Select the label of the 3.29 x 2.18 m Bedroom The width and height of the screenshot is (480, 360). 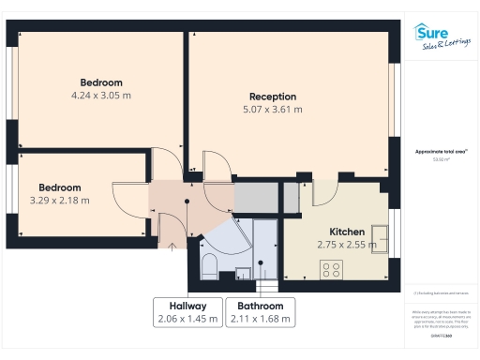(60, 193)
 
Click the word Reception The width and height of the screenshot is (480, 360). (272, 97)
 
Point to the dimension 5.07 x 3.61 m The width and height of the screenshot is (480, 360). (272, 110)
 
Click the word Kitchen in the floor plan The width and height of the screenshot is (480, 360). (347, 232)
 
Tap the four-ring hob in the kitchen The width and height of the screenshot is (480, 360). (332, 269)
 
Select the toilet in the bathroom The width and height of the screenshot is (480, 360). (210, 263)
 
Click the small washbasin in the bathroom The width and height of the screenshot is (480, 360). (242, 273)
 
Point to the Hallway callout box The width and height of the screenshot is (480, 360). (187, 312)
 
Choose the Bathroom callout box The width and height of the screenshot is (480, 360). (260, 312)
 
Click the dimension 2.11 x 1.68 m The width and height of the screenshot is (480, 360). (260, 319)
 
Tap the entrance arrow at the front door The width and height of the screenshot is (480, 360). (172, 246)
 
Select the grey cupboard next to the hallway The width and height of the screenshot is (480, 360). (256, 198)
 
